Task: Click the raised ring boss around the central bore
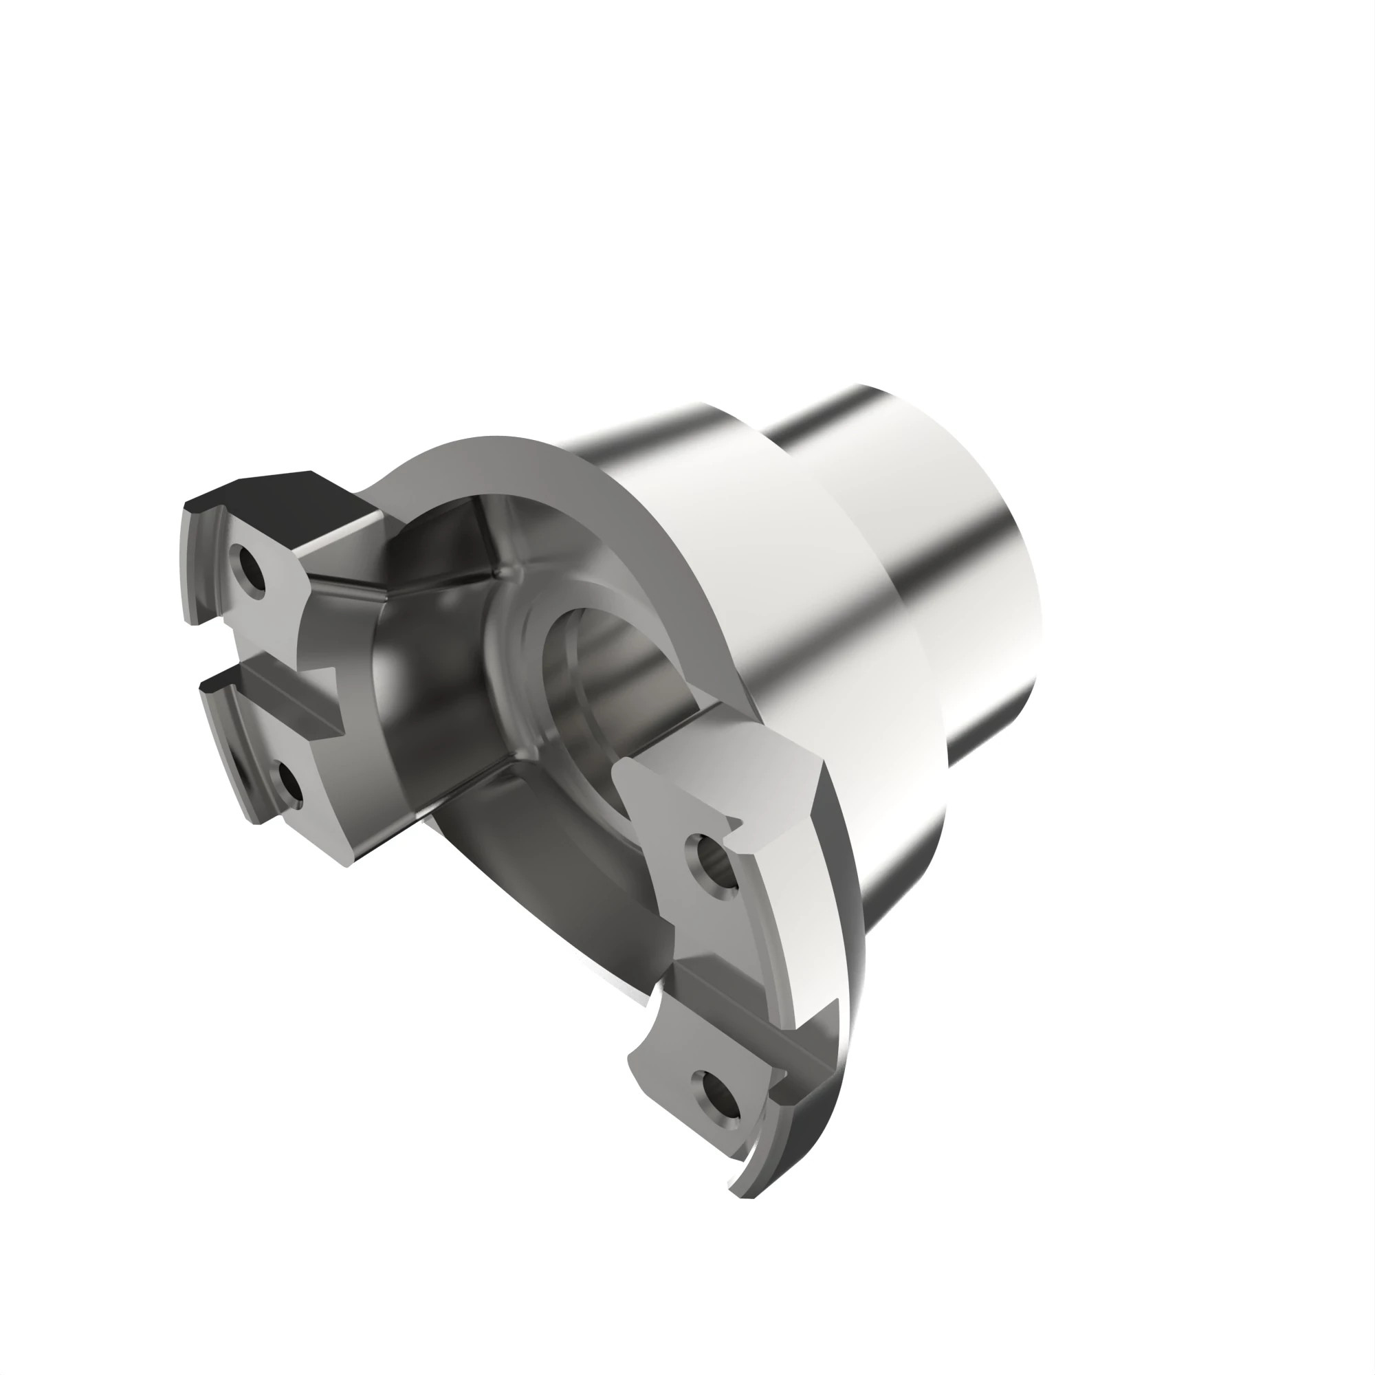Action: click(512, 626)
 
